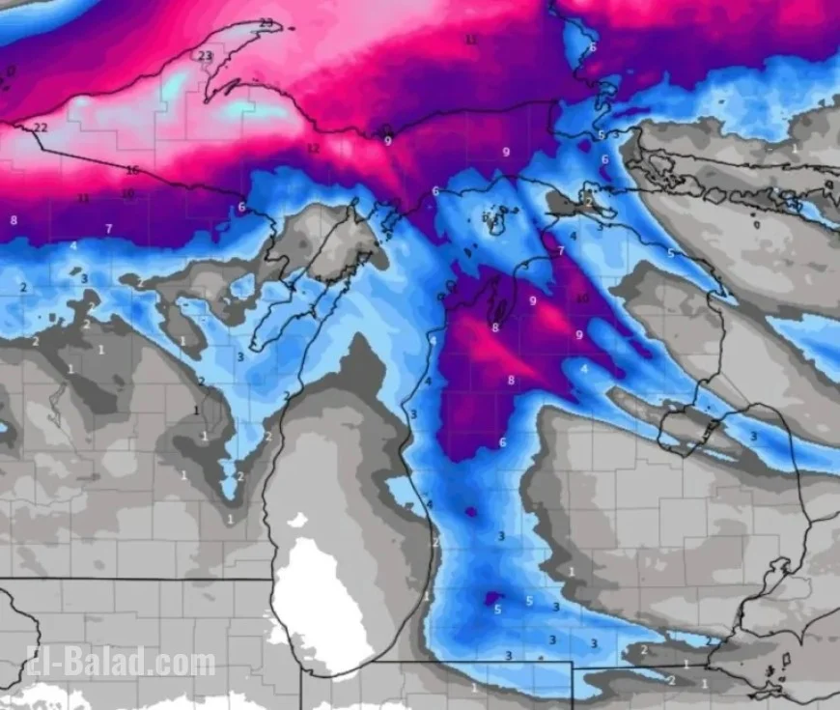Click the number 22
[40, 128]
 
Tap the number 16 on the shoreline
[133, 170]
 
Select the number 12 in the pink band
[312, 149]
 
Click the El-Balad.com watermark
[122, 664]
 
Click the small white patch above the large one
[297, 521]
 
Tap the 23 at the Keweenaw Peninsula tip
[266, 23]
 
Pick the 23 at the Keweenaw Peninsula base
[205, 56]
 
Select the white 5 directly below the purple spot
[497, 610]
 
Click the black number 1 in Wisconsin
[196, 411]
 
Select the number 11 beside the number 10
[84, 198]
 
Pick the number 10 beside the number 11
[127, 194]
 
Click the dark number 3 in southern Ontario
[753, 436]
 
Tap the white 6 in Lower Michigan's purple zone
[502, 442]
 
